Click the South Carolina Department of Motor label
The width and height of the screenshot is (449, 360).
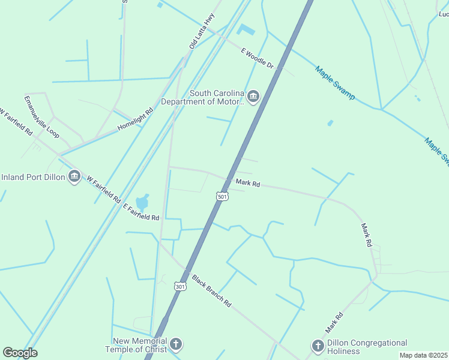(x=217, y=97)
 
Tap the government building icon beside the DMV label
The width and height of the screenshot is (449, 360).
(x=253, y=97)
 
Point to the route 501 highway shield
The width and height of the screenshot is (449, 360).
(x=222, y=197)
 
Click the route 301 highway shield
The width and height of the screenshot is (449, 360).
(x=180, y=286)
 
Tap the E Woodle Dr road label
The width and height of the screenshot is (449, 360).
(x=257, y=59)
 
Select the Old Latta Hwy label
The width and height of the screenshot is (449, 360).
(x=200, y=31)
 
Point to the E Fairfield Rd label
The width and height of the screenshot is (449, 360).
(x=141, y=212)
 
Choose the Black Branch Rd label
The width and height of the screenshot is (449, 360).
(x=211, y=291)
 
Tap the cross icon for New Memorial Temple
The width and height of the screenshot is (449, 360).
(x=175, y=344)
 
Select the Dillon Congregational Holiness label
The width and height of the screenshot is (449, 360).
(x=367, y=346)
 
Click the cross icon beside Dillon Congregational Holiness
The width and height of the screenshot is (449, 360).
(x=318, y=346)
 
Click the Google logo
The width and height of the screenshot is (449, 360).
(x=20, y=353)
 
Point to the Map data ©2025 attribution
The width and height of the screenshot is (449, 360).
(x=423, y=355)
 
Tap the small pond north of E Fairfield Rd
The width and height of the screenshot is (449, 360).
(x=142, y=202)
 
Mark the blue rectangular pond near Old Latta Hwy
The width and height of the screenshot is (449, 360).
(x=246, y=29)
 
